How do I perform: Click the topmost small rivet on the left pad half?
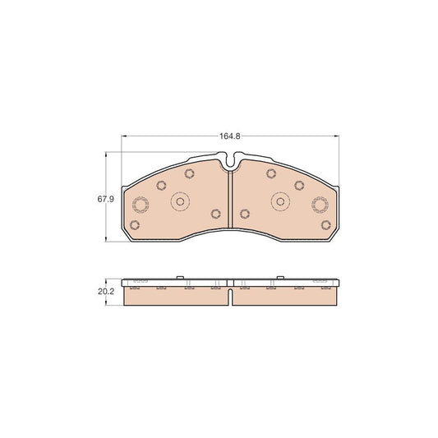coord(190,173)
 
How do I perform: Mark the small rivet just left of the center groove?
coord(215,214)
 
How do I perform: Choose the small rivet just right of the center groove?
coord(245,214)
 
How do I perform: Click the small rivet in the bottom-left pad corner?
coord(137,225)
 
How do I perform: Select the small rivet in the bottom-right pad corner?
coord(324,225)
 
